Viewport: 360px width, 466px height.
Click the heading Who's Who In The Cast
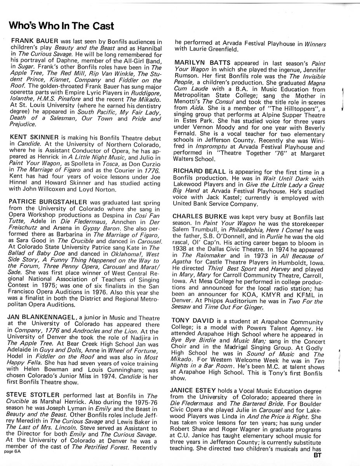click(x=61, y=26)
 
